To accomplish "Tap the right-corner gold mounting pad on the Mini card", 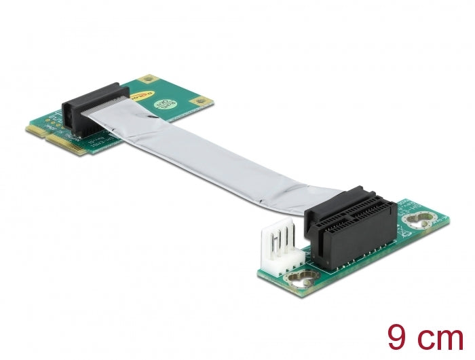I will [x=199, y=103].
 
